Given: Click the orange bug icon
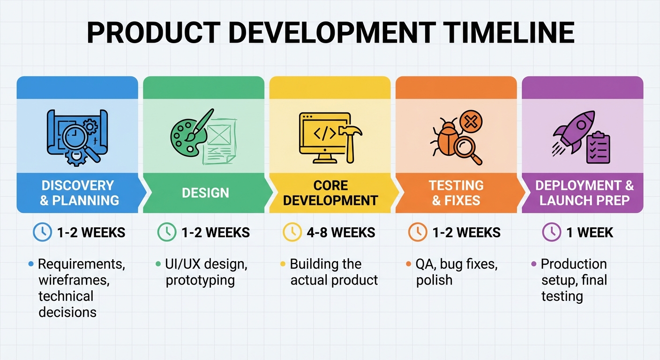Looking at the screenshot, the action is (x=446, y=138).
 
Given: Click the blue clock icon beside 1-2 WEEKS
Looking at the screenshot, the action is (x=43, y=232).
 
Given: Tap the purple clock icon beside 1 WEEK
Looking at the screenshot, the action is (x=552, y=232).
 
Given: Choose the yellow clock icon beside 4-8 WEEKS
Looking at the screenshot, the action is (x=292, y=232).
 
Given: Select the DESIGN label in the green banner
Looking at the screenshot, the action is (x=205, y=193).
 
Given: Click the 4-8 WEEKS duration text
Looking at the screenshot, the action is (x=341, y=232).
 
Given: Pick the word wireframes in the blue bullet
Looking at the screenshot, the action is (x=74, y=280).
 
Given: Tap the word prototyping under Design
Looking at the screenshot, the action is (x=200, y=281).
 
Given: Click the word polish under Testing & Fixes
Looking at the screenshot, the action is (x=434, y=280).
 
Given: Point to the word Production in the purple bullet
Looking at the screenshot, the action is (x=574, y=264).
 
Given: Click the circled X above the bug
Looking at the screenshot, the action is (x=471, y=122).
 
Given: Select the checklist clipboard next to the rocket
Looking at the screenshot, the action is (x=598, y=148).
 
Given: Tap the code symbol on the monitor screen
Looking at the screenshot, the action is (x=324, y=134).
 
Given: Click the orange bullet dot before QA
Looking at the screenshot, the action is (x=408, y=264).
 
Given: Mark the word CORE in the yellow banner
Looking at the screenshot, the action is (x=330, y=186).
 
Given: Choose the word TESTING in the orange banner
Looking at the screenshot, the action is (x=456, y=186).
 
